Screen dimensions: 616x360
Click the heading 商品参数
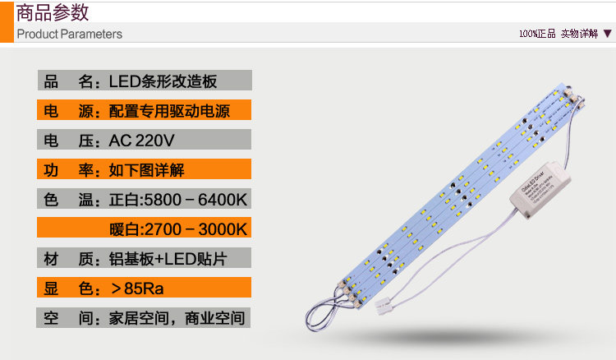pos(53,13)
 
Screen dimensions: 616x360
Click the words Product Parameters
pos(70,34)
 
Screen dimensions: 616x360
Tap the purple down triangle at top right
pos(607,34)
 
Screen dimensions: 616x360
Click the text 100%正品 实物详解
pos(559,34)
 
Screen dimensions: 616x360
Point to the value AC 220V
pos(141,141)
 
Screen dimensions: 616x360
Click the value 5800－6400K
pos(195,200)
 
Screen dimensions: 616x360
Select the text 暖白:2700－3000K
pos(178,228)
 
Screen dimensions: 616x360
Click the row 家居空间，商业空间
pos(176,318)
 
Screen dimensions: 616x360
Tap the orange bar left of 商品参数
pos(7,21)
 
